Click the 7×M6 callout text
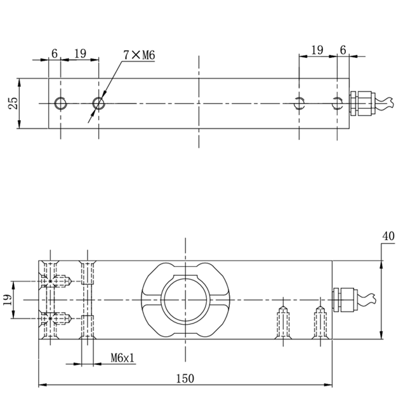139,55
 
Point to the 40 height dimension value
388,236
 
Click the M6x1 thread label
122,358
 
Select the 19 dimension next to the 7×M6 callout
80,54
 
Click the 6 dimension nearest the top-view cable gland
343,50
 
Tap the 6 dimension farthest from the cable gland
55,54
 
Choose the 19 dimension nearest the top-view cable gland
317,50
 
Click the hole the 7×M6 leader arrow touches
98,103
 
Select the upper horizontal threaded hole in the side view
59,280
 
